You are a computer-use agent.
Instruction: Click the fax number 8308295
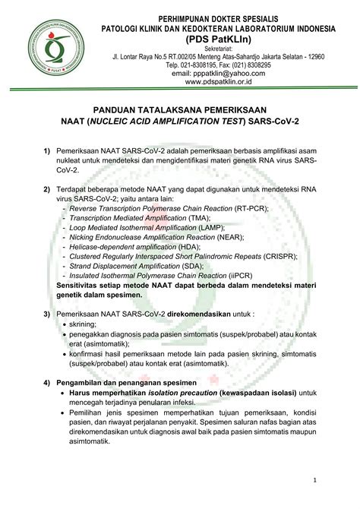pos(257,65)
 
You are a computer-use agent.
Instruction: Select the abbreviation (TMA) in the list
pos(223,217)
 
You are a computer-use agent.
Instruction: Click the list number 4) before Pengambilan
pos(47,381)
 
